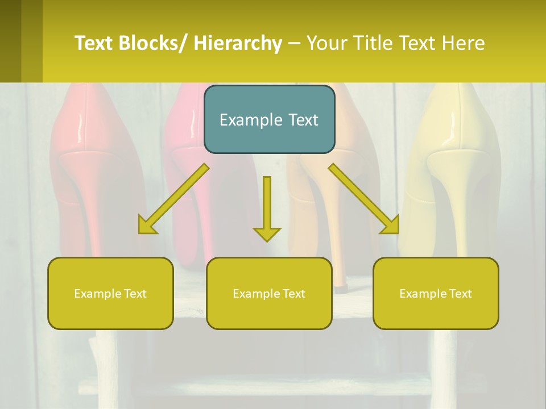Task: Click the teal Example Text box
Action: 269,119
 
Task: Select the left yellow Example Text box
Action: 110,293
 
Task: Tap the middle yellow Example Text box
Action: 269,293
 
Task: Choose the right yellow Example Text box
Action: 436,293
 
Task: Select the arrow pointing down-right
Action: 364,198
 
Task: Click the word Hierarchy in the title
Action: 238,43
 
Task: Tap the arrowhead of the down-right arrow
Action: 390,224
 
